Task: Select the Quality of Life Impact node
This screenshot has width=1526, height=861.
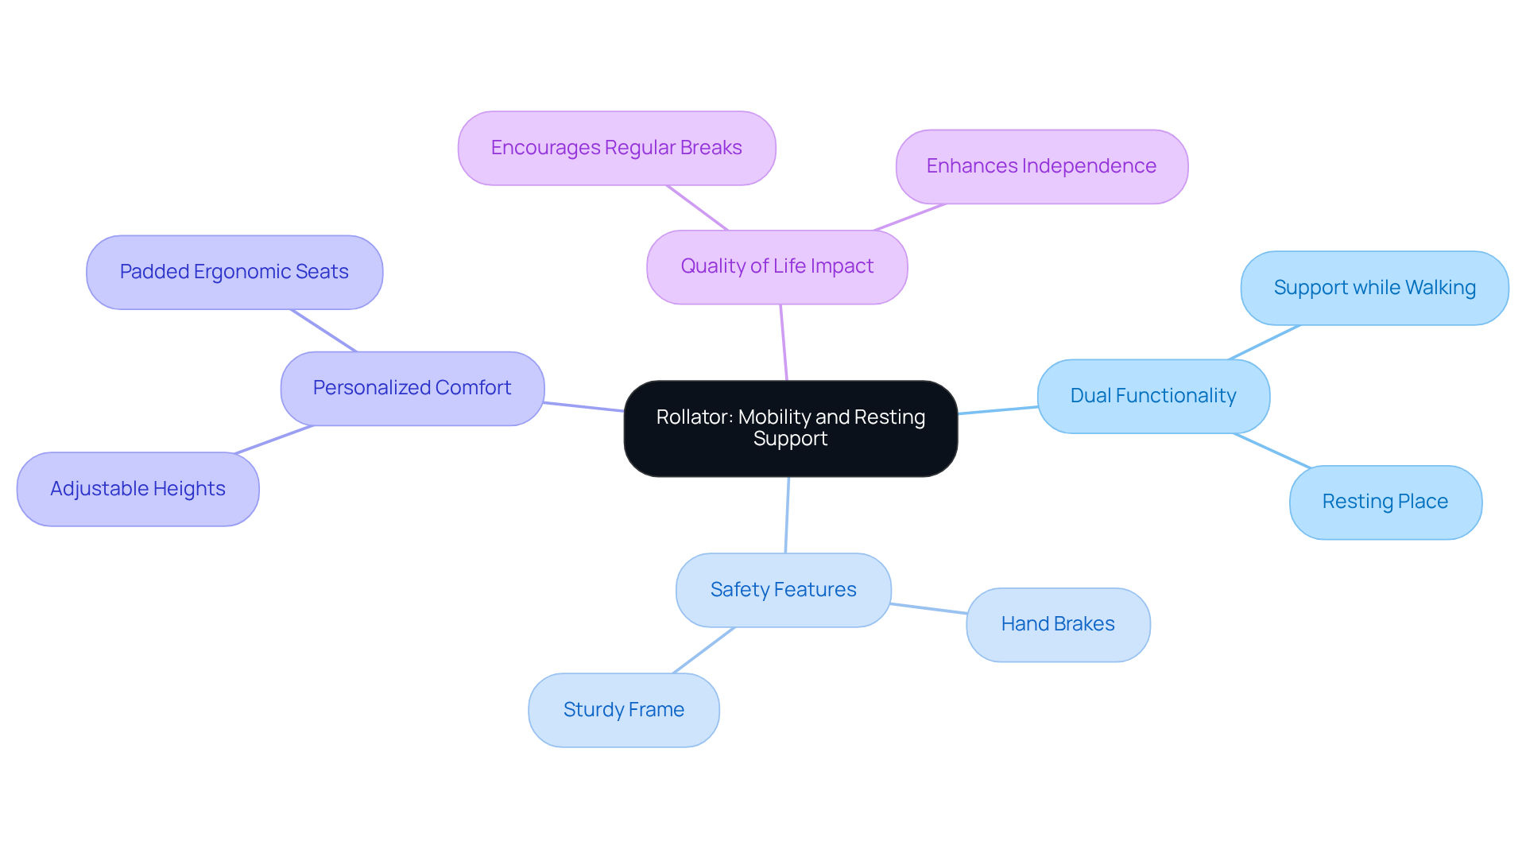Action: (777, 267)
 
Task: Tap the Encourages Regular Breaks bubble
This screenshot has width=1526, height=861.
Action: (616, 149)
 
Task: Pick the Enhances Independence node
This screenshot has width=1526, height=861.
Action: (1041, 167)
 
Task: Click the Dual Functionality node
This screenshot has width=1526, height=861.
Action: (1152, 396)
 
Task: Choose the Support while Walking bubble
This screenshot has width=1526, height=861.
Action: (1374, 288)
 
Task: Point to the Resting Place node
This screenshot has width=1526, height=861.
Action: (1385, 502)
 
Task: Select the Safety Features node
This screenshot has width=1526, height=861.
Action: (783, 590)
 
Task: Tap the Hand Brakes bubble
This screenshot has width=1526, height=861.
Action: (1057, 625)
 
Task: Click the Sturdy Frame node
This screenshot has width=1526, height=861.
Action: (623, 710)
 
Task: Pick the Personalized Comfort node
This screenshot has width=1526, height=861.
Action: (412, 388)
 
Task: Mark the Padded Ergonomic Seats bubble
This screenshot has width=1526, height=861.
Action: (234, 272)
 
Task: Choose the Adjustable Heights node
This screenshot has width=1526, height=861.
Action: (137, 489)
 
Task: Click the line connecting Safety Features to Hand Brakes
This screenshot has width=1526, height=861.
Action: (928, 609)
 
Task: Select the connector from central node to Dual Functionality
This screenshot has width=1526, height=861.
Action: (997, 410)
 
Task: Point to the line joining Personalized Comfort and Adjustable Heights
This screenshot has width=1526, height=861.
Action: (274, 440)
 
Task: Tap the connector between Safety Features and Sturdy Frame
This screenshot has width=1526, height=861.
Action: (703, 650)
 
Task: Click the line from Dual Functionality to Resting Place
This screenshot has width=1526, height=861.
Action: (1271, 451)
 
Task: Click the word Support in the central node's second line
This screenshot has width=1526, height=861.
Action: (790, 439)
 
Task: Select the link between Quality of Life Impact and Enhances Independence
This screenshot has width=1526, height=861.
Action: (910, 217)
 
